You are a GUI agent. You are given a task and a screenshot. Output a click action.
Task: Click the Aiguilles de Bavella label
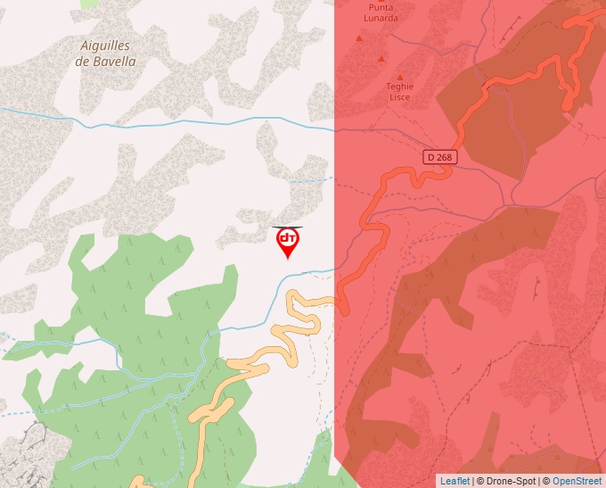(107, 53)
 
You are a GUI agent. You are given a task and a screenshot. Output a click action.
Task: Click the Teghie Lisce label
(400, 92)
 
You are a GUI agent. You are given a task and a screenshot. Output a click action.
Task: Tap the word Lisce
(400, 98)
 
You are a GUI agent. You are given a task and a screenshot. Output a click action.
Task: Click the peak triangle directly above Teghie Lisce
(399, 77)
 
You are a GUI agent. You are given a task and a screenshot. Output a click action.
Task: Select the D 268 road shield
(438, 157)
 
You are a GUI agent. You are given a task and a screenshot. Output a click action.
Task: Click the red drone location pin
(287, 242)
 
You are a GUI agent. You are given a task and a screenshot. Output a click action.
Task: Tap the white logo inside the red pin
(287, 238)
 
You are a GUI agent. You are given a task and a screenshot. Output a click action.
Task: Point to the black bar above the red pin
(287, 227)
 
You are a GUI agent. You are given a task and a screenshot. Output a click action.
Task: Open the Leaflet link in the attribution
(454, 481)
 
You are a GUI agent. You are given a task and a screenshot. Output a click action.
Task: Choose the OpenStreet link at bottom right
(577, 481)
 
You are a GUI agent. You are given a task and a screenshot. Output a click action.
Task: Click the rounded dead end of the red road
(568, 105)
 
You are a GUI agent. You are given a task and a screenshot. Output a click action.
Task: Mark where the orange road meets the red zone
(337, 304)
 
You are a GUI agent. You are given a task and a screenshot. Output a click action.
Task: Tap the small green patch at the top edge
(89, 3)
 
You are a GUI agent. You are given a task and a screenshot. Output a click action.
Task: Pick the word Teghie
(400, 87)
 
